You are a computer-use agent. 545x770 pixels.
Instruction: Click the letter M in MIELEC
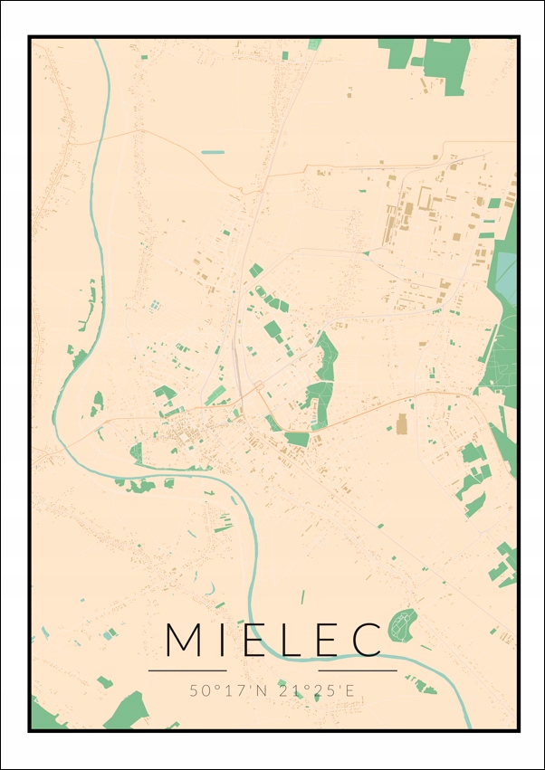(185, 640)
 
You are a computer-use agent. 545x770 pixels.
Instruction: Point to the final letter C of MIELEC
(367, 640)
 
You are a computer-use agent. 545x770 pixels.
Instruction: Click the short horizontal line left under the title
(186, 670)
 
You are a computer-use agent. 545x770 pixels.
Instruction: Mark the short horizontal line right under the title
(358, 670)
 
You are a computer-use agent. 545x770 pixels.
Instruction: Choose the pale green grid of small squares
(154, 306)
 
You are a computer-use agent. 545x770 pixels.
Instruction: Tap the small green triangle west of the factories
(367, 252)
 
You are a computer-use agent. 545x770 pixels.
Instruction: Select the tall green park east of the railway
(321, 380)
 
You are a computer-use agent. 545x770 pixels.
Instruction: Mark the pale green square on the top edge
(313, 43)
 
